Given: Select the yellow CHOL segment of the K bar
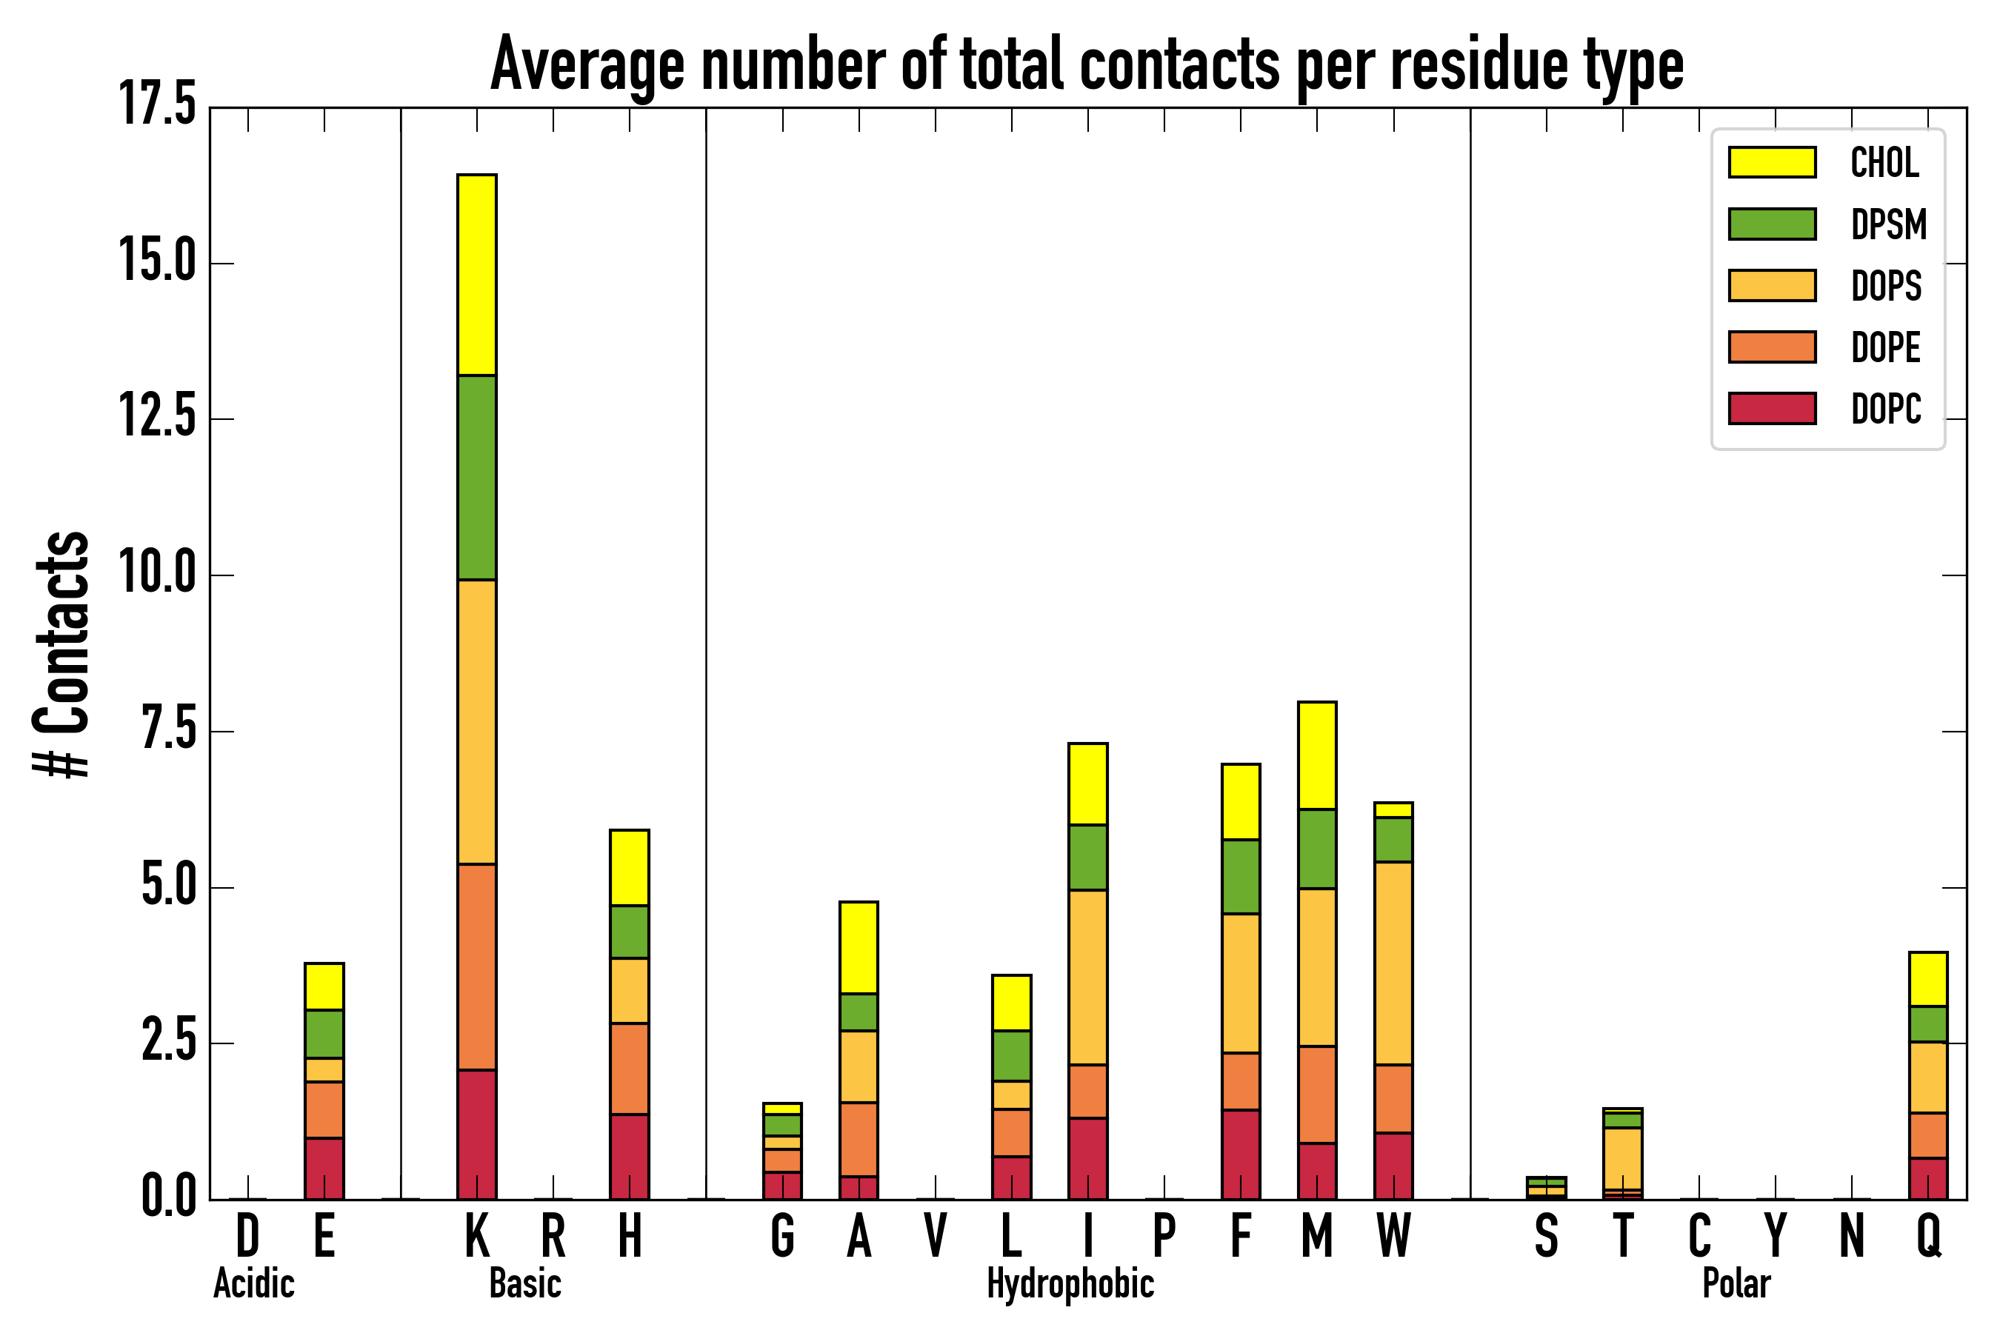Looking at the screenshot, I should tap(477, 275).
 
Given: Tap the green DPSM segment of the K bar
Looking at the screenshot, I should tap(477, 477).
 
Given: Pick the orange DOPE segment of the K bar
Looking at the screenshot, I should tap(477, 966).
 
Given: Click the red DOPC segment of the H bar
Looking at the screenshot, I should tap(629, 1156).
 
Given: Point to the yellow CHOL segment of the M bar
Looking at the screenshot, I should tap(1317, 755).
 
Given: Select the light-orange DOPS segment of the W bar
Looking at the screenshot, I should tap(1393, 963).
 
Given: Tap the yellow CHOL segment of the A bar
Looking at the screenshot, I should tap(859, 947).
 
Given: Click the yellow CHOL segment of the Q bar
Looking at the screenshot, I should tap(1927, 979).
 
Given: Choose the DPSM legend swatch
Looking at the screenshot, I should tap(1772, 224).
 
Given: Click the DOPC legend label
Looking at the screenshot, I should tap(1886, 409).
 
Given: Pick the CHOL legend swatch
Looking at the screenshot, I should tap(1772, 162).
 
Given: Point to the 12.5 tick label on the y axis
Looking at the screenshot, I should tap(159, 419).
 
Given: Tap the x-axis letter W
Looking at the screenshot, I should tap(1393, 1236).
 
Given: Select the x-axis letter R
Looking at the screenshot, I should tap(553, 1236).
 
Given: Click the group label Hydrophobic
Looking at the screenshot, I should tap(1070, 1283).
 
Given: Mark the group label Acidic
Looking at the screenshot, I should tap(253, 1283).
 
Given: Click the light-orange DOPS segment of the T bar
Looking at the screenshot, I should tap(1622, 1158).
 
